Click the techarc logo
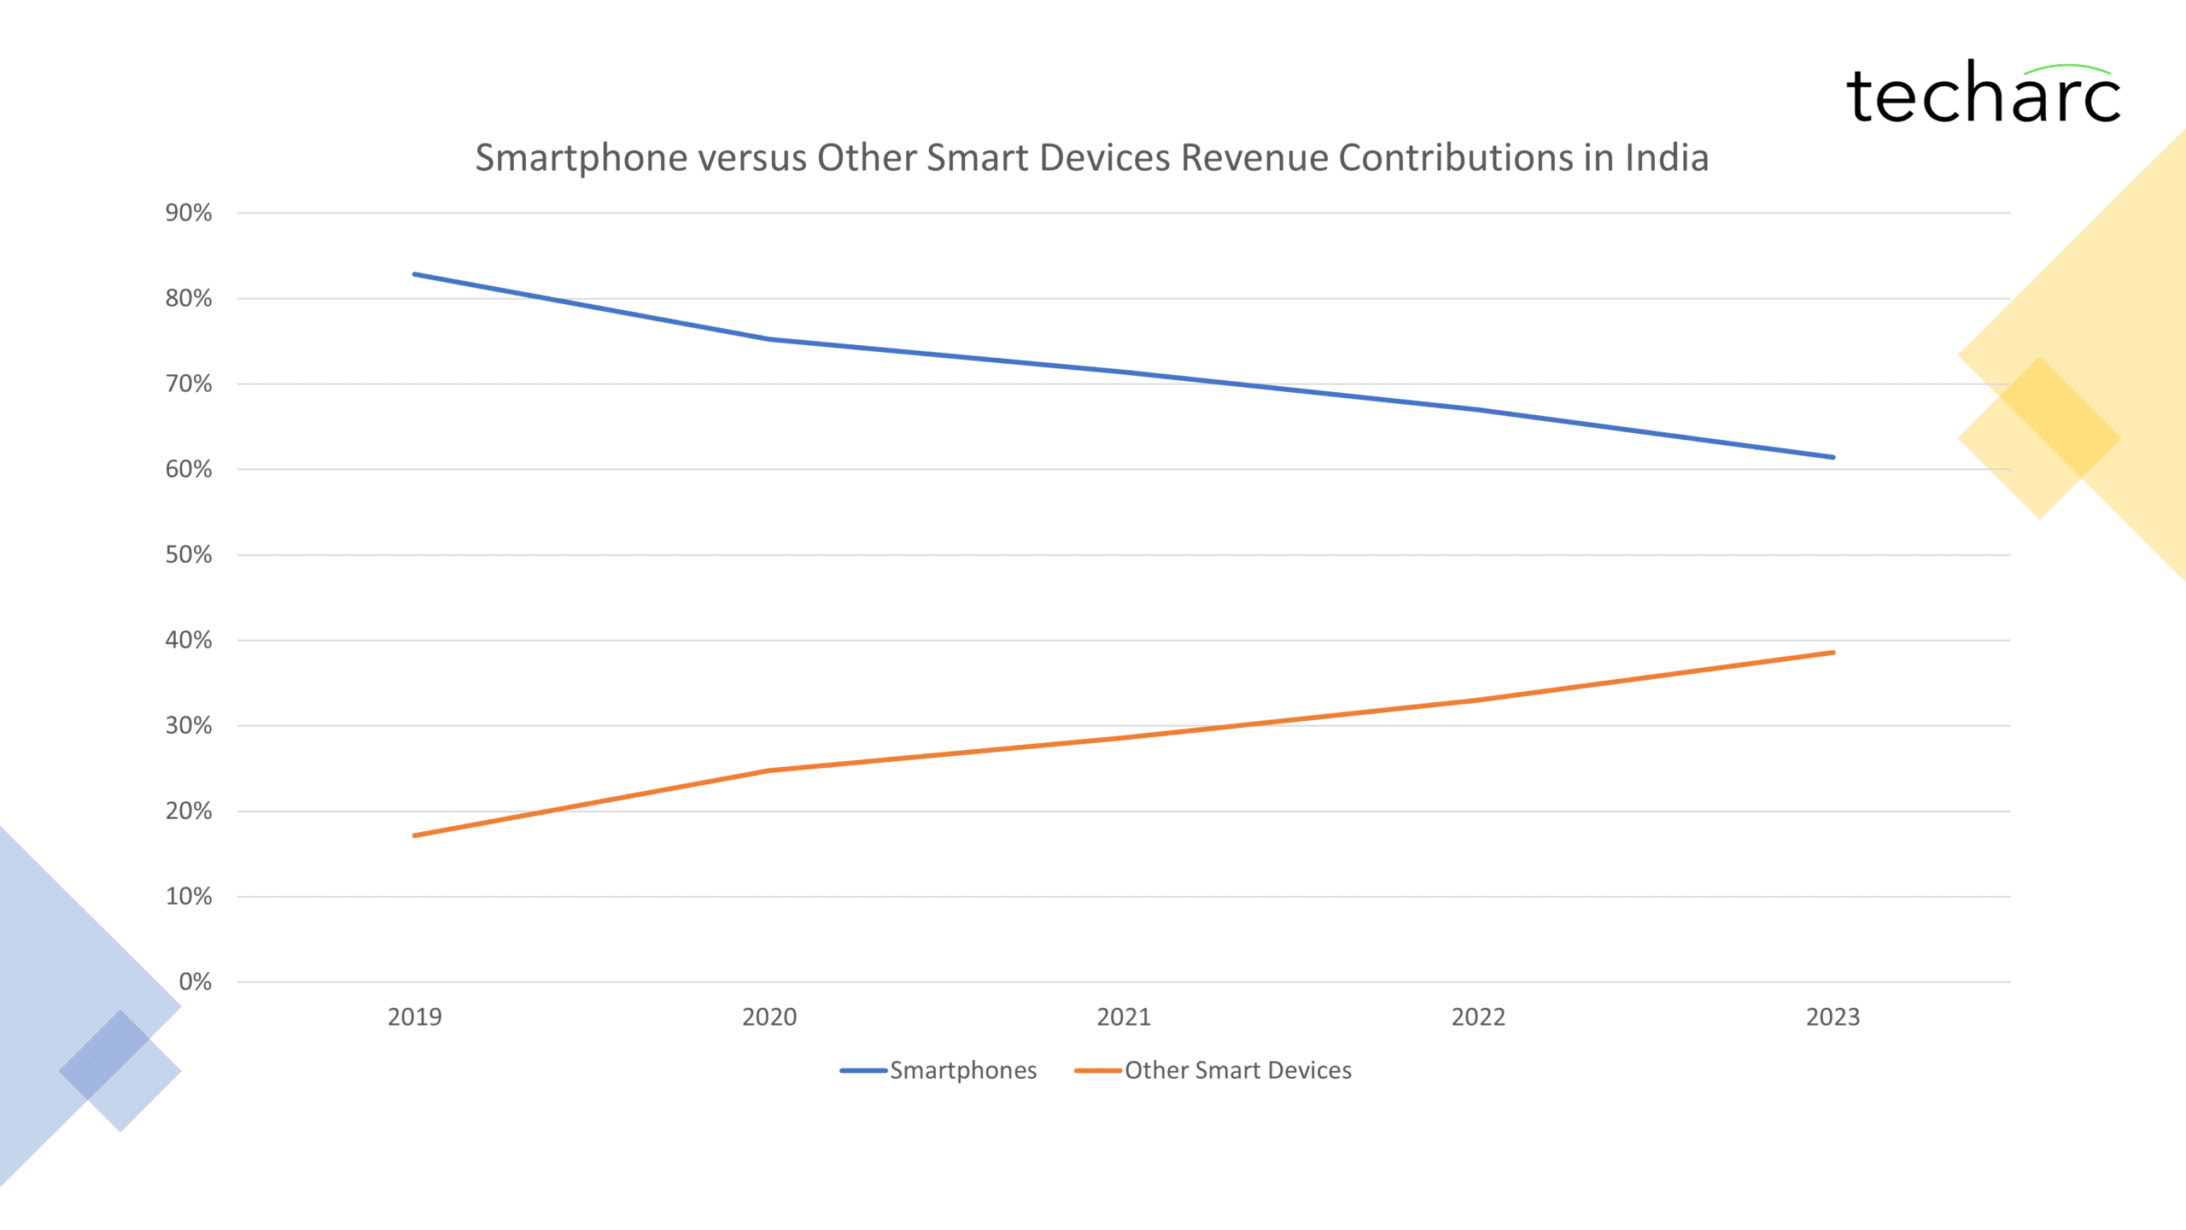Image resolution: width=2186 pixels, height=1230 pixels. [x=1983, y=94]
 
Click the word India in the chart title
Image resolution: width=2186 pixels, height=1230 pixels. [x=1666, y=158]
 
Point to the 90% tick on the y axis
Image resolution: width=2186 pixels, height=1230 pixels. [x=189, y=213]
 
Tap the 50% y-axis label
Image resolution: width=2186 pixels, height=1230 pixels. [x=189, y=554]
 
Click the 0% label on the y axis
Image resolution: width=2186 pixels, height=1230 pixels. [x=195, y=981]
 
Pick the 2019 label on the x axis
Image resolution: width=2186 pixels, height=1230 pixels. [x=414, y=1016]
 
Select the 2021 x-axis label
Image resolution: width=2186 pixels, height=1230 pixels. [x=1124, y=1016]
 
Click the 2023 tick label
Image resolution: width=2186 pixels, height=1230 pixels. [x=1832, y=1016]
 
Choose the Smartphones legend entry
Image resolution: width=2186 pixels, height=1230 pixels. [x=939, y=1070]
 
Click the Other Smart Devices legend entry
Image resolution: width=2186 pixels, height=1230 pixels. [x=1214, y=1070]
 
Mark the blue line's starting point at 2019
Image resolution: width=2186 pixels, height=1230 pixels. [x=415, y=274]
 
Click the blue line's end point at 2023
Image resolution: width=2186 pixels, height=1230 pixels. [x=1832, y=457]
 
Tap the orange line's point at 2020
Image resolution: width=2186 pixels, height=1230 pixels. [x=769, y=770]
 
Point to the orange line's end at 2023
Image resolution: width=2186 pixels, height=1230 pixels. [x=1832, y=653]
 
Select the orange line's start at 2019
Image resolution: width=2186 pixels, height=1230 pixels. [x=415, y=835]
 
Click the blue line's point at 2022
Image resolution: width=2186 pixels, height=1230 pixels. [x=1478, y=410]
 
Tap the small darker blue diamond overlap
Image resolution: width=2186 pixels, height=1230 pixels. [x=105, y=1055]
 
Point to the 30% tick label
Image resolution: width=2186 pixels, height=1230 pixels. [x=189, y=725]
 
